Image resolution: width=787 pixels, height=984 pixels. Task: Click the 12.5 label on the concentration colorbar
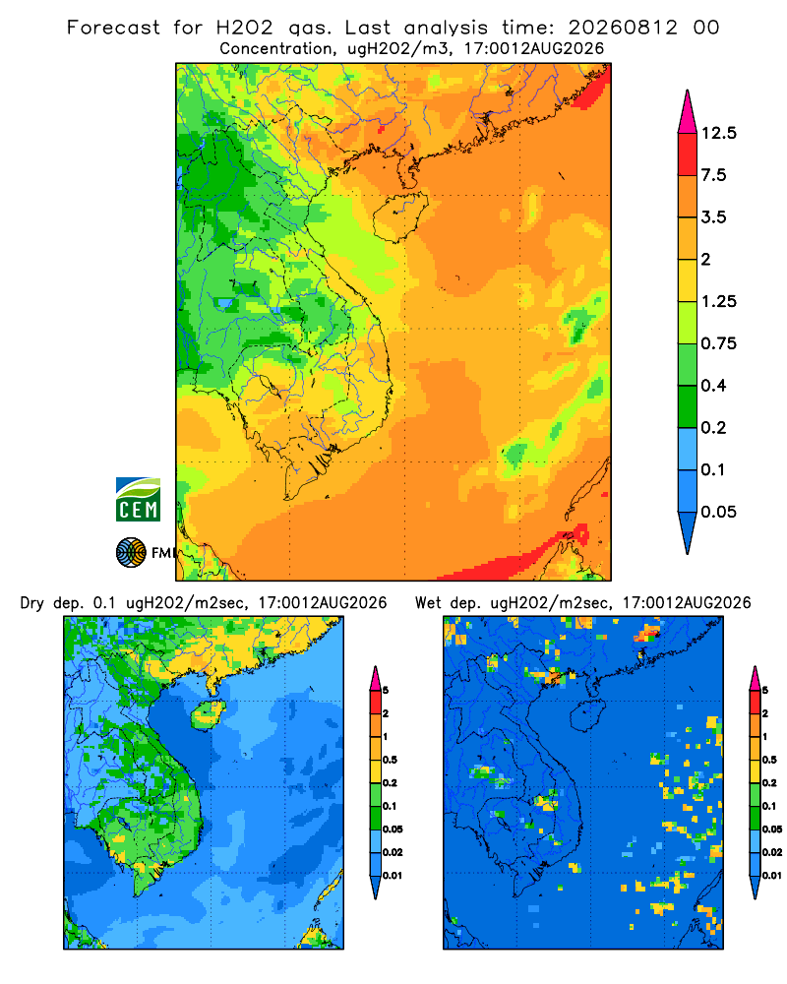(x=718, y=133)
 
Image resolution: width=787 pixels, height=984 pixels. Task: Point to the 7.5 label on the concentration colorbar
(x=713, y=175)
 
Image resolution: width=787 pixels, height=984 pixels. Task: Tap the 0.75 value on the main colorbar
(x=718, y=343)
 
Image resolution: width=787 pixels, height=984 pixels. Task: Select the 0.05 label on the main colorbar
(x=718, y=512)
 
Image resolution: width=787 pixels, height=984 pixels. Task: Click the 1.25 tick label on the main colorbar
(x=718, y=301)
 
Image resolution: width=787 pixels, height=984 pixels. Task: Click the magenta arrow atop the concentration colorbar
(x=688, y=112)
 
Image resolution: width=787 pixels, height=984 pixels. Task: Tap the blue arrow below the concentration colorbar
(x=688, y=532)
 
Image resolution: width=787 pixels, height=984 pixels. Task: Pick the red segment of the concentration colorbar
(x=688, y=154)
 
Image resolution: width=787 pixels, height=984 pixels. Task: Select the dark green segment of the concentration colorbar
(x=688, y=406)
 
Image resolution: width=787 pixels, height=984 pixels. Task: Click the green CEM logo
(x=138, y=500)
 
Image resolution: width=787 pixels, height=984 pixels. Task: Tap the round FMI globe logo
(x=131, y=553)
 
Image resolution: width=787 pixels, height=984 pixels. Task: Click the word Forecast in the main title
(x=113, y=28)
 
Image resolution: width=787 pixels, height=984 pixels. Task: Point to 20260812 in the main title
(x=623, y=28)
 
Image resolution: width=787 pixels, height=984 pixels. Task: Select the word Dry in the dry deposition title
(x=32, y=604)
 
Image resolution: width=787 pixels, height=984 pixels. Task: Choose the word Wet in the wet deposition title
(x=429, y=603)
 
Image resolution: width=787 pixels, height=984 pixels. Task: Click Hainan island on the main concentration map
(x=399, y=216)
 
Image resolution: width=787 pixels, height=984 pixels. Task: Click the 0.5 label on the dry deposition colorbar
(x=390, y=760)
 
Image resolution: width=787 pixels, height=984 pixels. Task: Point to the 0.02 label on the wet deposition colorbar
(x=772, y=852)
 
